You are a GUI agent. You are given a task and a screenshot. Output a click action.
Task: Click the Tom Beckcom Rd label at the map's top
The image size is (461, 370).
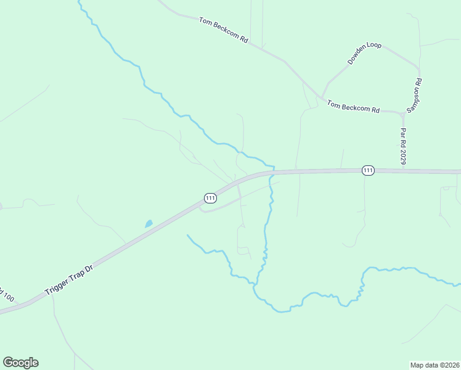(223, 30)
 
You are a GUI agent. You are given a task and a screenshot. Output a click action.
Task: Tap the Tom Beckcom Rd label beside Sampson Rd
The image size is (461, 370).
(353, 106)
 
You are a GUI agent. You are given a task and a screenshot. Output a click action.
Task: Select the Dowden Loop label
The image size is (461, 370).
(364, 54)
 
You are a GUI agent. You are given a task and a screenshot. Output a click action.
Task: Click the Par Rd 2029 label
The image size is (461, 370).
(404, 146)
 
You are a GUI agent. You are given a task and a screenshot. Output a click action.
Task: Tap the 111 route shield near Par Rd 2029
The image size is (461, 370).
(368, 170)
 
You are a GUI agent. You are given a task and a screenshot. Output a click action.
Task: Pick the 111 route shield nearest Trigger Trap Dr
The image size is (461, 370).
(210, 198)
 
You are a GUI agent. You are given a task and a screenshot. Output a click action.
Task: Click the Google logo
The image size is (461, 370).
(20, 363)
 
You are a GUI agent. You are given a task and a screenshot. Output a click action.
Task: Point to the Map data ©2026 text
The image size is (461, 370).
(434, 365)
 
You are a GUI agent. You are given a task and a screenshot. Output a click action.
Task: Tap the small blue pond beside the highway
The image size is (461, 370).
(149, 224)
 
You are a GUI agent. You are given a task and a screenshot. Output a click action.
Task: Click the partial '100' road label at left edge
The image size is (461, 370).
(6, 294)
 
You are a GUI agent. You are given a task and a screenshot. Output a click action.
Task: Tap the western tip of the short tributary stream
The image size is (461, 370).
(187, 235)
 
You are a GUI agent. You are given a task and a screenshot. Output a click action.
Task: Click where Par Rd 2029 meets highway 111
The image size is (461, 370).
(404, 170)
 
